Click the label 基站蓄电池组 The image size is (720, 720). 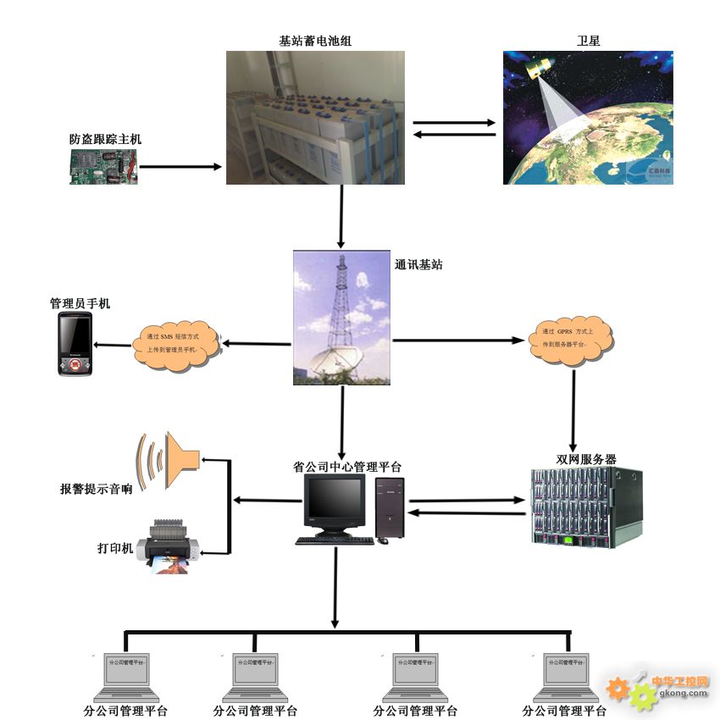314,40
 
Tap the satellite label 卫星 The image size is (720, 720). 588,40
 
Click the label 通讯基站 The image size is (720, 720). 418,264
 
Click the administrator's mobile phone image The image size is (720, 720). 75,344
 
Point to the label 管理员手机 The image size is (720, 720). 80,303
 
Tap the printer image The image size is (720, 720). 171,546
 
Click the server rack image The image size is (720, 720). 586,507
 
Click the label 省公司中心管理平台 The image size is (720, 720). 347,467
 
